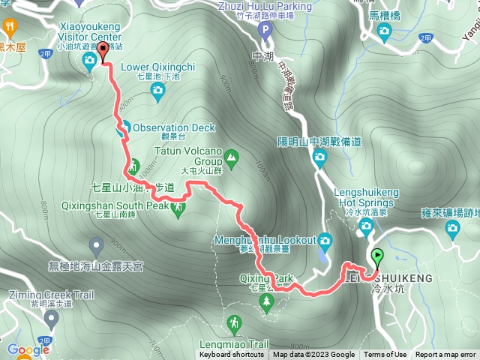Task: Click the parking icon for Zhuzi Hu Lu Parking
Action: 263,31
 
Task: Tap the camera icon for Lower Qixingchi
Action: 157,91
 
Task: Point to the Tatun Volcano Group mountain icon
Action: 231,157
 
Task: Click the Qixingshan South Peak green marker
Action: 178,210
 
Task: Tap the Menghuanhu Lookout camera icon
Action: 325,241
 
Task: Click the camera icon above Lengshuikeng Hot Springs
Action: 319,157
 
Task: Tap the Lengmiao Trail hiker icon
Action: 235,323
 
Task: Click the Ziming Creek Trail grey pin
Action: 51,320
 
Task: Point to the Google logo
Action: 28,349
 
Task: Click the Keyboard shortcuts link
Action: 232,355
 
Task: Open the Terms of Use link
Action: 385,355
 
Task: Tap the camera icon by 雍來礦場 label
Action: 452,227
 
